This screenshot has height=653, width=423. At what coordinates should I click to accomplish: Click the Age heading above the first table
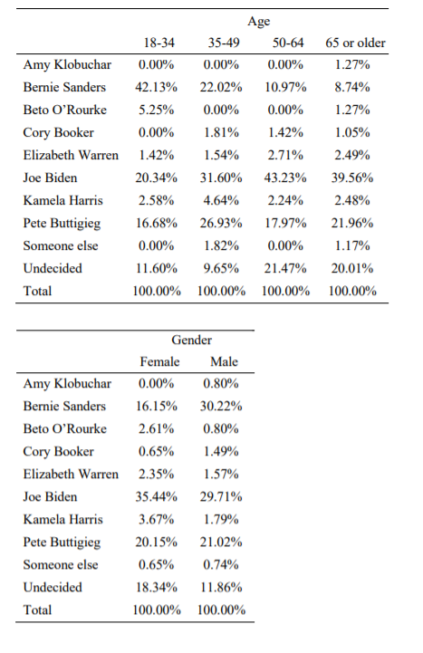point(258,20)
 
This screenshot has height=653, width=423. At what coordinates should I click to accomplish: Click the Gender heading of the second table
point(191,340)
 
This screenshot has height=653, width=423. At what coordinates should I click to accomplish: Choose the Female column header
point(159,361)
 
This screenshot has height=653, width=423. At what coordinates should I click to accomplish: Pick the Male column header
point(223,361)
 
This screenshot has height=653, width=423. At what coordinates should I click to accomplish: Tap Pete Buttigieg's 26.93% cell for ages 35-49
point(222,224)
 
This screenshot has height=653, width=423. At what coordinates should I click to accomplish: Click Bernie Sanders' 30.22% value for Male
point(223,407)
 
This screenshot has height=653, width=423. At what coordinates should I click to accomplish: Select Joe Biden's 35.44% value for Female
point(159,497)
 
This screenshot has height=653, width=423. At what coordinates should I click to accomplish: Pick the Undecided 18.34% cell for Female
point(159,588)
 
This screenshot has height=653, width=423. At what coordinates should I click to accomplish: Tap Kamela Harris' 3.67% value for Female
point(159,520)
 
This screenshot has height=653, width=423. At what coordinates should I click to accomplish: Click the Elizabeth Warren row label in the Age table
point(71,156)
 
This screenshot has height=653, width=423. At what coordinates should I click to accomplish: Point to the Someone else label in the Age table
point(62,246)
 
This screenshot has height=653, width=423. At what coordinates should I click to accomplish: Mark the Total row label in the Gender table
point(38,610)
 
